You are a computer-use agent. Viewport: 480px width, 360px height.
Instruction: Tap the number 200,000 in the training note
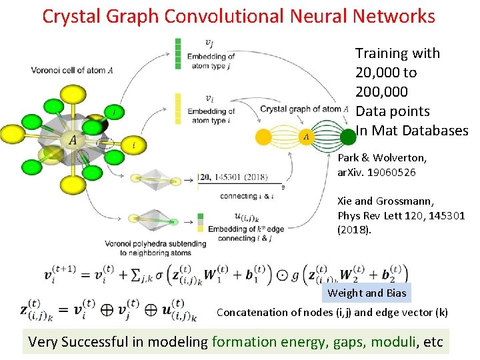383,91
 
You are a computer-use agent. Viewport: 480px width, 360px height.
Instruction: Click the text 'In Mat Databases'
412,131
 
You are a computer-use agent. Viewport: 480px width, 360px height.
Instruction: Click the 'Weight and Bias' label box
366,293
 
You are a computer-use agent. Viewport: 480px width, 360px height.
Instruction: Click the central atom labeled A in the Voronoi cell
72,141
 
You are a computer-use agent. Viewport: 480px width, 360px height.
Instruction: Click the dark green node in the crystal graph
348,137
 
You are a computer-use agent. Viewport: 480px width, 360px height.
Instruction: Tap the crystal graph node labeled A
306,137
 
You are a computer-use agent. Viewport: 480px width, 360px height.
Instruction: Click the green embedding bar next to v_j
177,52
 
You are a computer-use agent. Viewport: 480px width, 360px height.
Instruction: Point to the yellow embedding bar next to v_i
177,108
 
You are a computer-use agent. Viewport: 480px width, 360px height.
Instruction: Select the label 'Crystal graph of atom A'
300,109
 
